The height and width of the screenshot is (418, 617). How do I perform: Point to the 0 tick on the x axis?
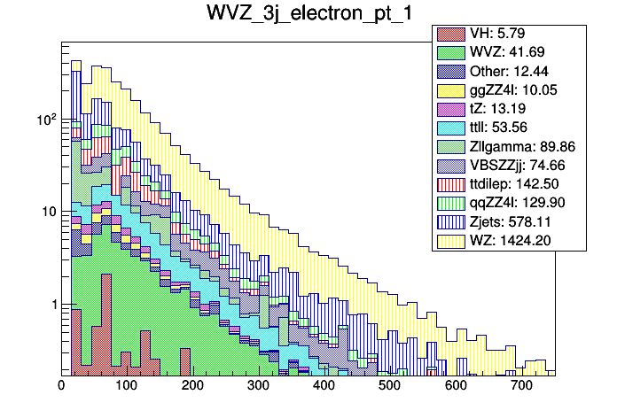[x=61, y=386]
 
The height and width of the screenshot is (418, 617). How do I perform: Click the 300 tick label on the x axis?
[x=258, y=386]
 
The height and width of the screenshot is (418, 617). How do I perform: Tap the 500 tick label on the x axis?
[x=389, y=386]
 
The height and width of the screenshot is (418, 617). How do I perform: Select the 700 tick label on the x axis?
[x=520, y=386]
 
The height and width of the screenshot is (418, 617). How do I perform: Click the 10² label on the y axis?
[x=43, y=119]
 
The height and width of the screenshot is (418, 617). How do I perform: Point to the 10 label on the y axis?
[x=46, y=213]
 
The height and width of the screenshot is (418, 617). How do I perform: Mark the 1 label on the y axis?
[x=51, y=305]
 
